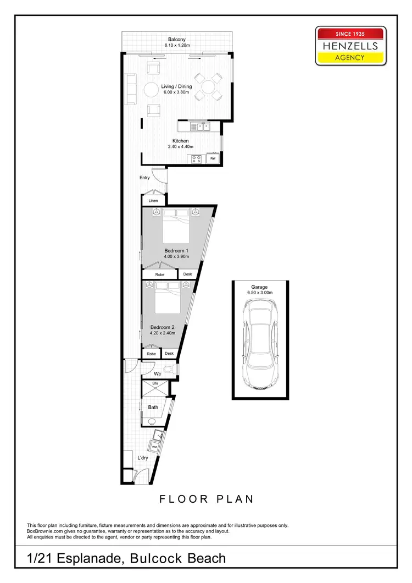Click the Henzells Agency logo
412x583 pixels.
(350, 46)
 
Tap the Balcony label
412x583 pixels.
(177, 39)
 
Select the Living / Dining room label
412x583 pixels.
(176, 86)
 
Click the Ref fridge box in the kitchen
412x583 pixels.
(213, 159)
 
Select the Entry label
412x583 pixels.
(144, 178)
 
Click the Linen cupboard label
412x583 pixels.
(153, 201)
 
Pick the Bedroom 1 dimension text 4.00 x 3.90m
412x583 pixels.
(176, 256)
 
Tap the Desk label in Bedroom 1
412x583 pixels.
(187, 274)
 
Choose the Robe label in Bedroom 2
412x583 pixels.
(151, 354)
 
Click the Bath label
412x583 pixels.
(153, 407)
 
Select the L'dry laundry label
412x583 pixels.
(143, 458)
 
